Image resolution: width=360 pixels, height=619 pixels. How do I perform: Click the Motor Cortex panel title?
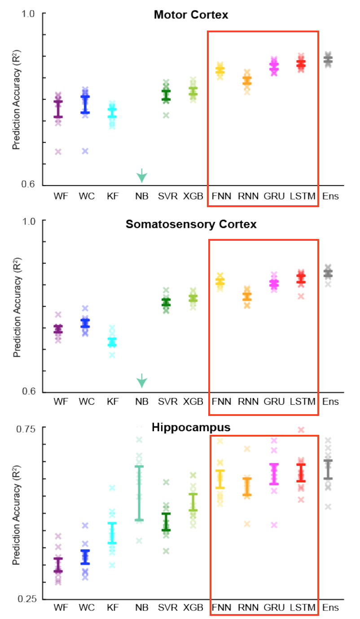pos(191,15)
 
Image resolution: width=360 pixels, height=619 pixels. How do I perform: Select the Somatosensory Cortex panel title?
pos(191,224)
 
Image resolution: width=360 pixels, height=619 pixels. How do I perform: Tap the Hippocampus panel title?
pos(191,428)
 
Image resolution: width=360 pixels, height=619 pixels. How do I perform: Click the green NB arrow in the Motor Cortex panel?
pos(142,176)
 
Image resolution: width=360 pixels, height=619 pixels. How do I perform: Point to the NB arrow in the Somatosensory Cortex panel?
pos(142,381)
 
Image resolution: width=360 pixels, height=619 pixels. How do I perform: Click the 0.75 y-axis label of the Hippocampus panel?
pos(26,429)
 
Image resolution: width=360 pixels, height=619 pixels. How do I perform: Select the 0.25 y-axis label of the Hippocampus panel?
pos(26,599)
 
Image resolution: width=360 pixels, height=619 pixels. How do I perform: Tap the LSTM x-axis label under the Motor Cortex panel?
pos(303,196)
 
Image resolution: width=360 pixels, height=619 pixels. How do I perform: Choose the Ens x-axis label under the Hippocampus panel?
pos(330,608)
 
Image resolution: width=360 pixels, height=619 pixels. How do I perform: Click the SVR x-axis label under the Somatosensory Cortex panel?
pos(167,402)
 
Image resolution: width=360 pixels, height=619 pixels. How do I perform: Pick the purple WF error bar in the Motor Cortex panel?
pos(58,109)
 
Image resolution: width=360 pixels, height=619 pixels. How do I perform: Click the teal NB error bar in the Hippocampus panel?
pos(139,493)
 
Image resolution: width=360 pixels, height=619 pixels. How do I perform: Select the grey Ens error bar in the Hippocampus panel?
pos(328,469)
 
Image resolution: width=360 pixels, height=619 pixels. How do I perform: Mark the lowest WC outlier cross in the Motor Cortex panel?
pos(85,151)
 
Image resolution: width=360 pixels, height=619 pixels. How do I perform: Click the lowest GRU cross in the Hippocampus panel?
pos(274,525)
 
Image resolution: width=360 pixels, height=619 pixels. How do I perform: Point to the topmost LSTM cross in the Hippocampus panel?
pos(301,430)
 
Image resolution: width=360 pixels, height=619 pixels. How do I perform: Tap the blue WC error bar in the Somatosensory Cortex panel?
pos(85,323)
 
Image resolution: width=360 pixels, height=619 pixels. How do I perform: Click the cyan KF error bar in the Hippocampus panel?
pos(112,533)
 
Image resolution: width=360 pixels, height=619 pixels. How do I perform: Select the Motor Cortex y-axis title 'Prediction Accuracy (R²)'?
pos(17,100)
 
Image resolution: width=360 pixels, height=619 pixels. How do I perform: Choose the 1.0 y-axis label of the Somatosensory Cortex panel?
pos(29,221)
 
